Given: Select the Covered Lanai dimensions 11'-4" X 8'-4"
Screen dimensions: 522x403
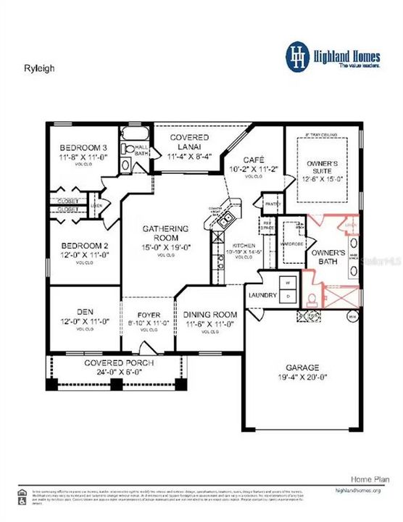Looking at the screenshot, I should [189, 156].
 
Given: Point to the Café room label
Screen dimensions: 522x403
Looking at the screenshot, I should [254, 159].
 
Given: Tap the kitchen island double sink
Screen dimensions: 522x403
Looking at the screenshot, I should [226, 220].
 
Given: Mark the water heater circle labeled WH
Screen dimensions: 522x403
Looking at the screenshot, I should [353, 316].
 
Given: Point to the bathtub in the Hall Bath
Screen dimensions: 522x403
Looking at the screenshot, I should [134, 134].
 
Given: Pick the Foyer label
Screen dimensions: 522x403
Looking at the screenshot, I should [149, 315].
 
